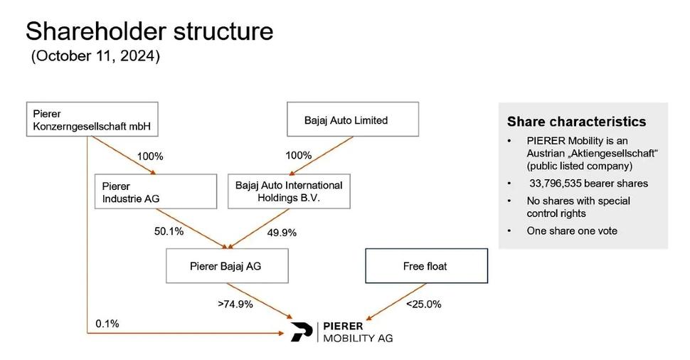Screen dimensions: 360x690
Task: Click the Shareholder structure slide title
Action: [x=149, y=31]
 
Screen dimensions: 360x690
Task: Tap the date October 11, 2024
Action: [x=95, y=57]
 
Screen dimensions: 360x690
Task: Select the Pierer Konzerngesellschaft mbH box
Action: [x=92, y=120]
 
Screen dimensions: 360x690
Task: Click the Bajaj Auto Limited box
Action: [x=352, y=120]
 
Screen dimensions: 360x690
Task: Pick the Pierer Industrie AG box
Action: [x=155, y=192]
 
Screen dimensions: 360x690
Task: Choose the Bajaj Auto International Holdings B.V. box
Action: [x=289, y=192]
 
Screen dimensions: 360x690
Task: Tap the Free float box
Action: [x=425, y=267]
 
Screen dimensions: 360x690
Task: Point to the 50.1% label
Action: [x=169, y=231]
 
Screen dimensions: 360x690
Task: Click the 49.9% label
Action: [x=282, y=232]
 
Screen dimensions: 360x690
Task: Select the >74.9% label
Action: [x=235, y=305]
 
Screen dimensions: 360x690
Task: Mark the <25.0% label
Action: [x=423, y=305]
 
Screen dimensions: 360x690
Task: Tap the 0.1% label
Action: [x=107, y=324]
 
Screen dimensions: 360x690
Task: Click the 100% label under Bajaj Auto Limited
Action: [x=298, y=155]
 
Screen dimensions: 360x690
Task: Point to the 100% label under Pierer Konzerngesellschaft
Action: [x=150, y=155]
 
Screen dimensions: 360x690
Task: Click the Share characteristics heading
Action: [x=576, y=122]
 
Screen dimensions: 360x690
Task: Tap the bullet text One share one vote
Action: [x=571, y=231]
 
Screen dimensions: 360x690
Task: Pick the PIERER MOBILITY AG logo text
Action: [x=357, y=332]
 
